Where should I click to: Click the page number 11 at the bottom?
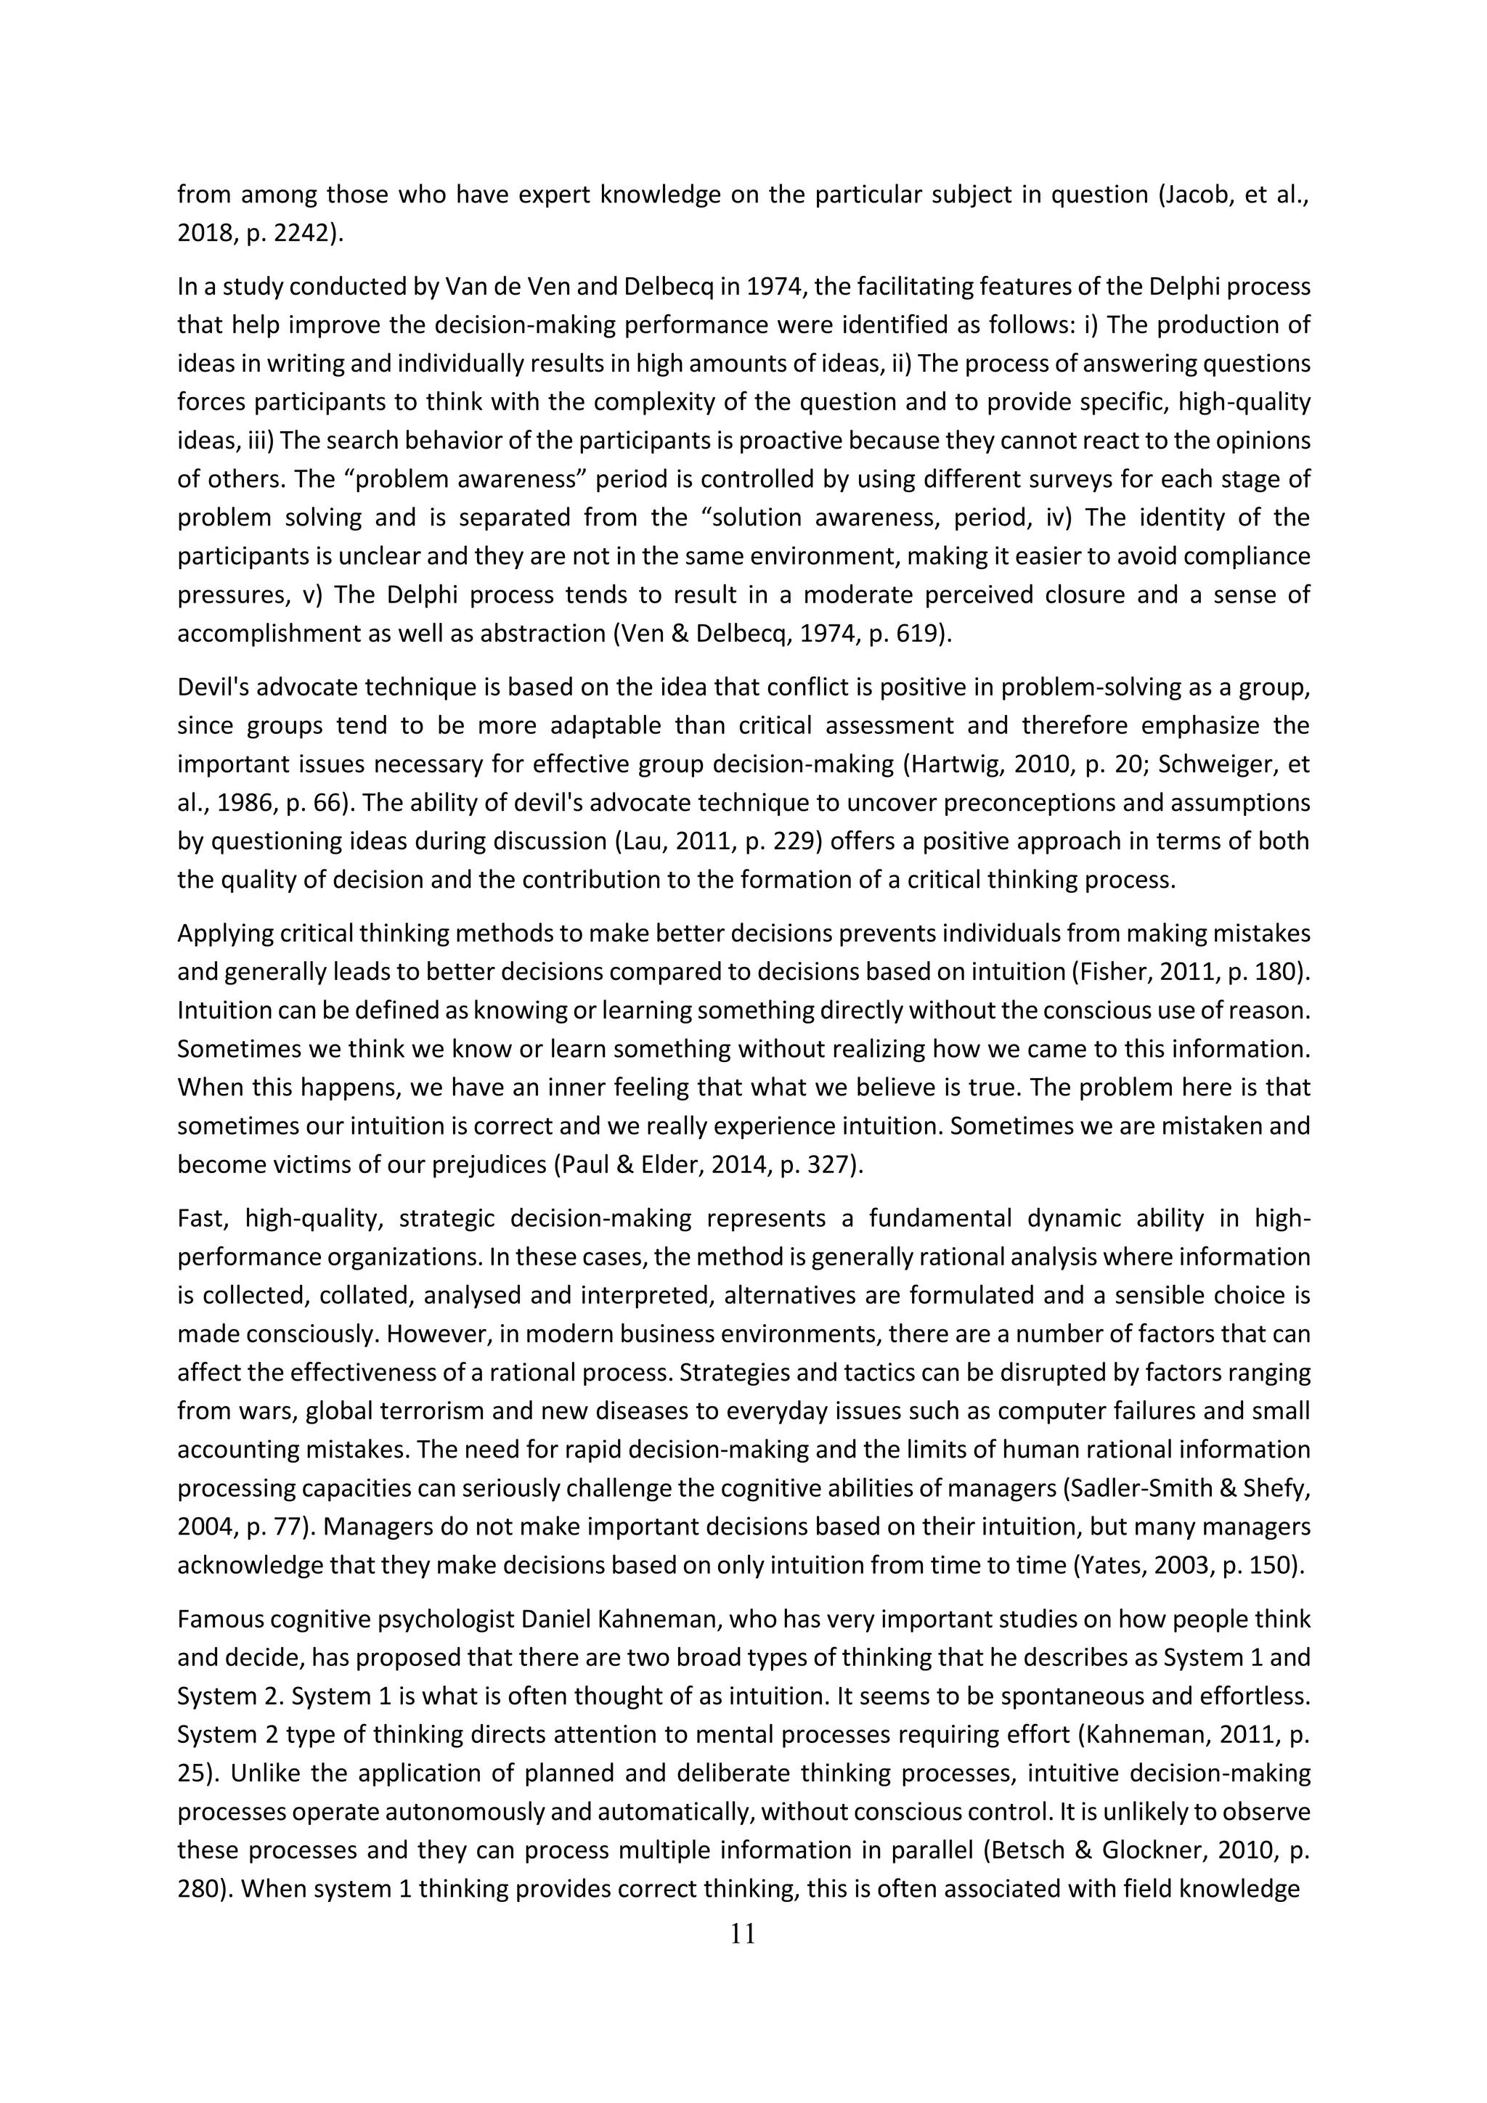click(x=743, y=1935)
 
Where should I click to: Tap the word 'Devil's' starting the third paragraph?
click(x=213, y=687)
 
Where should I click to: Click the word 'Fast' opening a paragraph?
click(x=200, y=1218)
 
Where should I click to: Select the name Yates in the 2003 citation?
click(x=1112, y=1564)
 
